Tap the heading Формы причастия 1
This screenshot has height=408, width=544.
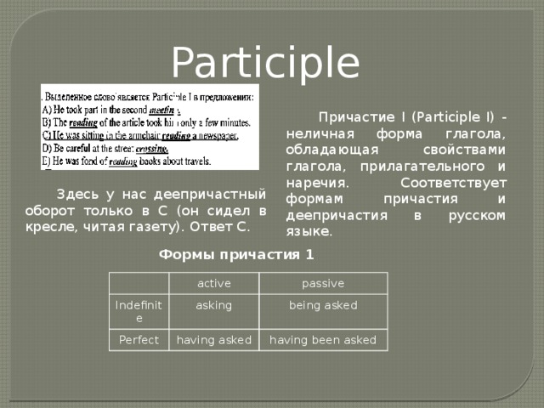point(235,254)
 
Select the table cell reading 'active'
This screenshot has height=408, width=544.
point(213,283)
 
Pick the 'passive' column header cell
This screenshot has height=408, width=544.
point(322,283)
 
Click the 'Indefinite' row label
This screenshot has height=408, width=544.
point(137,311)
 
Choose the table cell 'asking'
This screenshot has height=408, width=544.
point(213,304)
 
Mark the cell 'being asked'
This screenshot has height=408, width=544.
point(323,304)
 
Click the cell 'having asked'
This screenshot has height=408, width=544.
point(213,340)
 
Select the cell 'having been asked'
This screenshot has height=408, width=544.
point(323,340)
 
